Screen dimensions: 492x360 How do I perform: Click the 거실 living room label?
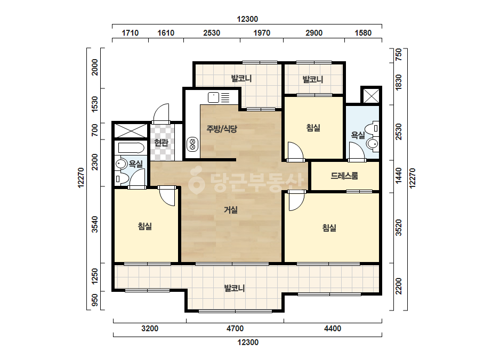click(x=231, y=210)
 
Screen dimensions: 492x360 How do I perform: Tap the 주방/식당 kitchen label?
click(x=222, y=128)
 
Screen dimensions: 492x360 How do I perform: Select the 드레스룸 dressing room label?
click(x=344, y=176)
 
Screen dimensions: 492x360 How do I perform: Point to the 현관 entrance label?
click(x=162, y=143)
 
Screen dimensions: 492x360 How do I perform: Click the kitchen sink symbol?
click(x=214, y=97)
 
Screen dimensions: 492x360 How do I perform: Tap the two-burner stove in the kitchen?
click(x=192, y=144)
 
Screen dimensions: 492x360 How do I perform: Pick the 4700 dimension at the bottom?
click(x=235, y=329)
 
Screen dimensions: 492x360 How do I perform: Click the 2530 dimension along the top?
click(x=212, y=33)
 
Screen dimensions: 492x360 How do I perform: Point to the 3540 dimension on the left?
click(x=95, y=225)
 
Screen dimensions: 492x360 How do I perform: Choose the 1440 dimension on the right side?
click(x=399, y=176)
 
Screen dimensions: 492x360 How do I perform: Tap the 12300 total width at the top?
click(x=247, y=19)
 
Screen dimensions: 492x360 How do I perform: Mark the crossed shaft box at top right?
click(x=371, y=96)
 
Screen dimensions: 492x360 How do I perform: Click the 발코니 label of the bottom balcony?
click(x=235, y=288)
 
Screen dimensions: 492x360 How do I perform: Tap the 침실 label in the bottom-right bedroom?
click(x=329, y=228)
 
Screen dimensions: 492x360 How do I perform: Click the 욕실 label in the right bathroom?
click(x=358, y=135)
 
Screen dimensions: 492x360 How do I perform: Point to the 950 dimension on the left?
click(x=95, y=300)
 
